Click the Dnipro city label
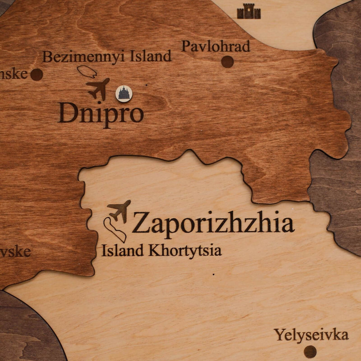(x=101, y=113)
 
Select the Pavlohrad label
(x=216, y=46)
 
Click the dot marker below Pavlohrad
(x=227, y=62)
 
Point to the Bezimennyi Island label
(x=107, y=56)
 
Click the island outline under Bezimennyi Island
(x=87, y=72)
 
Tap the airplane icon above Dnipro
(x=98, y=88)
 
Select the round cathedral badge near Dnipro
(x=124, y=94)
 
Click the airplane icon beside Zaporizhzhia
(x=119, y=211)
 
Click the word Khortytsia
(x=185, y=251)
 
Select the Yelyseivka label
(x=311, y=335)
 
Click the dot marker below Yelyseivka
(x=310, y=351)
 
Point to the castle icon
(x=249, y=12)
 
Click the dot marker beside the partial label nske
(x=37, y=74)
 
